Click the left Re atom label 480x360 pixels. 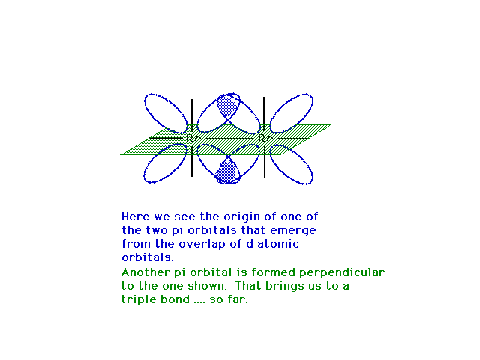tap(193, 139)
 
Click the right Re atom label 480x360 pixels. tap(265, 139)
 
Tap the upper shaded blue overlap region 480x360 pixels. tap(227, 106)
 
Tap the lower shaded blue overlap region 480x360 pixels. tap(226, 172)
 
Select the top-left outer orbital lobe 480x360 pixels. tap(166, 113)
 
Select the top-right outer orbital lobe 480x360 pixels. tap(291, 113)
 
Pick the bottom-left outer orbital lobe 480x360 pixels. tap(165, 163)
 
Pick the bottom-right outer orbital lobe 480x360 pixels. tap(292, 164)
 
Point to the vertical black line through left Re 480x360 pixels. tap(192, 138)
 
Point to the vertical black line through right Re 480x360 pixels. tap(264, 137)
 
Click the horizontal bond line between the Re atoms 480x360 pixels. tap(229, 139)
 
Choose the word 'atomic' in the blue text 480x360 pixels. tap(278, 244)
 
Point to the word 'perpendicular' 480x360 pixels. tap(342, 273)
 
